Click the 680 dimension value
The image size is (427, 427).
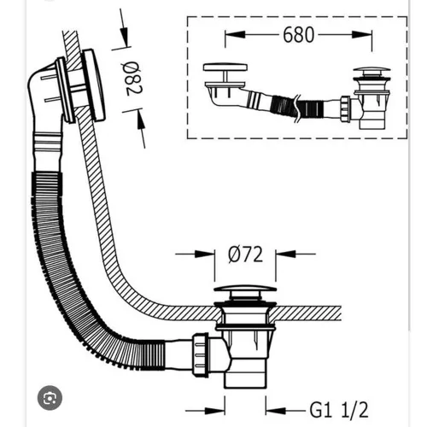tap(299, 35)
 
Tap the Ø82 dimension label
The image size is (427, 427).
tap(132, 79)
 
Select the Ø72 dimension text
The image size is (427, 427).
tap(246, 254)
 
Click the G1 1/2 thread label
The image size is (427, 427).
tap(339, 410)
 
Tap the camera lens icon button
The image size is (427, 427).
tap(50, 398)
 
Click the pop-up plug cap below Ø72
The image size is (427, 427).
tap(245, 289)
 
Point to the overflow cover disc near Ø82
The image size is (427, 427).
tap(94, 85)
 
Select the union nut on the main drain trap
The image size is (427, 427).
tap(200, 354)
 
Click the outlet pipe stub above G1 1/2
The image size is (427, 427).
tap(245, 373)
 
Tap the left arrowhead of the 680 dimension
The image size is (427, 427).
tap(235, 35)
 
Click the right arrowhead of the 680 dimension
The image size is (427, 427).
tap(362, 35)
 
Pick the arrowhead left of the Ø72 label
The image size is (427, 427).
tap(204, 254)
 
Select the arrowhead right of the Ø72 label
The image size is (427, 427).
tap(285, 254)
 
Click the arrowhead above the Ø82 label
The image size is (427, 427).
tap(125, 37)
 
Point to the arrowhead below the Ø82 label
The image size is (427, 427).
tap(140, 119)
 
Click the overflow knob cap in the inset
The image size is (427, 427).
tap(225, 67)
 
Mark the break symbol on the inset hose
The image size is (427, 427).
tap(297, 108)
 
